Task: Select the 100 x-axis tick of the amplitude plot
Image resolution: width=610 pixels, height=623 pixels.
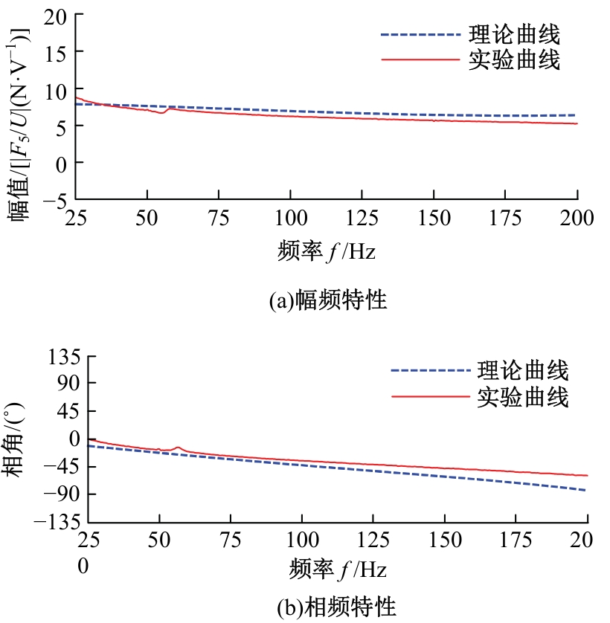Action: pyautogui.click(x=290, y=219)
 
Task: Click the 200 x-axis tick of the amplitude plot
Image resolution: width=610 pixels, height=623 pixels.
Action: pyautogui.click(x=577, y=219)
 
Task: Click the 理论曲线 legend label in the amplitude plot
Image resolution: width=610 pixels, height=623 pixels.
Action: pyautogui.click(x=514, y=34)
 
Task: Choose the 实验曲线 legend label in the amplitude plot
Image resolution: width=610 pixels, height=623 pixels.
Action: pyautogui.click(x=514, y=60)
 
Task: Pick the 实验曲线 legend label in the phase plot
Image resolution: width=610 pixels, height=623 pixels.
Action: pyautogui.click(x=523, y=397)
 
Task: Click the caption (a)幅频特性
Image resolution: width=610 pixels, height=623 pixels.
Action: pyautogui.click(x=328, y=300)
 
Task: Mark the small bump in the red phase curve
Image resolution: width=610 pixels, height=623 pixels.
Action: pyautogui.click(x=178, y=448)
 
